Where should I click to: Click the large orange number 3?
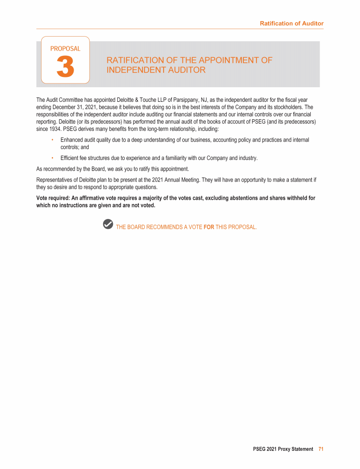(65, 67)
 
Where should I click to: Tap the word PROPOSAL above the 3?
(65, 48)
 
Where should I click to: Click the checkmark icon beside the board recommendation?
(108, 224)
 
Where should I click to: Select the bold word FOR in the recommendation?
(209, 227)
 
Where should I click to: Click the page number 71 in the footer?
(321, 449)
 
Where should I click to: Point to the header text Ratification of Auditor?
(292, 23)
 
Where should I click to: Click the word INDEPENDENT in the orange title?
(136, 70)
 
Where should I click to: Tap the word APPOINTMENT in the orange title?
(229, 60)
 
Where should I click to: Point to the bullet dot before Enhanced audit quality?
(52, 140)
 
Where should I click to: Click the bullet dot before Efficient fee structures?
(52, 158)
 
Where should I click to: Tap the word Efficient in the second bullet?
(69, 158)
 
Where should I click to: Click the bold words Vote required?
(53, 198)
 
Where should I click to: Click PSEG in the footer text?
(259, 449)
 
